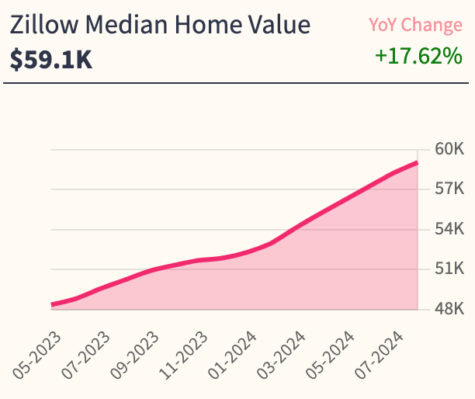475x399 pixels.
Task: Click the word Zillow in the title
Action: (40, 25)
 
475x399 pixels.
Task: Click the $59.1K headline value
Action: (51, 60)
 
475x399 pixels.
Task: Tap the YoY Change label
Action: (415, 25)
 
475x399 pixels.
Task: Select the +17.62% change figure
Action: (418, 57)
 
